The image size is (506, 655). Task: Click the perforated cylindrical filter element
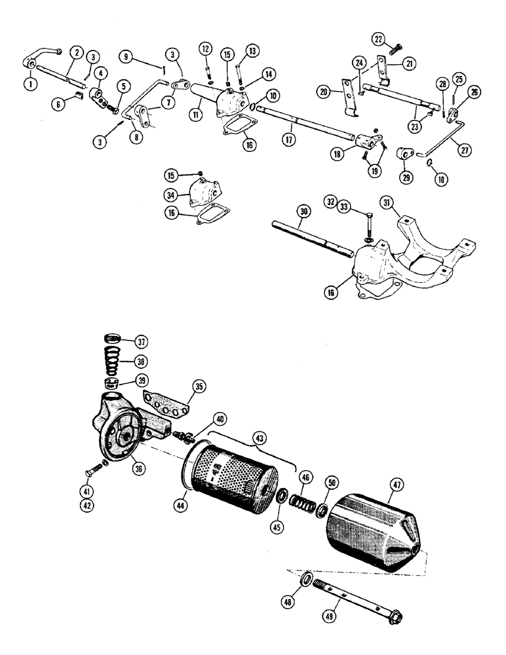229,466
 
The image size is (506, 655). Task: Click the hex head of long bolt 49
395,616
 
